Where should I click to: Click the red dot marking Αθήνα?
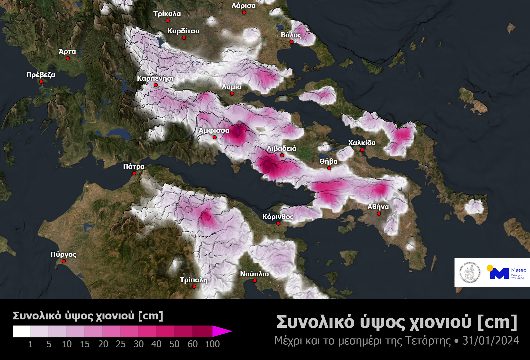[x=379, y=213]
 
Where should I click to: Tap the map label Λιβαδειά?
[x=281, y=148]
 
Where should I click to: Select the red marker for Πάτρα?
[x=134, y=173]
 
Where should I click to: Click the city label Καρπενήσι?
[x=155, y=78]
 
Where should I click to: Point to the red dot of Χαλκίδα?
[x=362, y=149]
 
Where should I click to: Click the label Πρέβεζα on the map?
[x=41, y=74]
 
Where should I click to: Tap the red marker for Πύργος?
[x=64, y=261]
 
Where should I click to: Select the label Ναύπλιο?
[x=254, y=274]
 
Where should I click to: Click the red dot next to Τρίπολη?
[x=194, y=287]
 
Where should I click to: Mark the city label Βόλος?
[x=291, y=35]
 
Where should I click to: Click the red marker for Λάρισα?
[x=244, y=12]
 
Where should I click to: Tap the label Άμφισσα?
[x=214, y=130]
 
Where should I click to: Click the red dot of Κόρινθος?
[x=278, y=223]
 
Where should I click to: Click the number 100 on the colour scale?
[x=212, y=344]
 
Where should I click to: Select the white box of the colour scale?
[x=22, y=331]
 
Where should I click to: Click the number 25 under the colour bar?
[x=121, y=344]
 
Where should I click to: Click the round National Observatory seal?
[x=470, y=272]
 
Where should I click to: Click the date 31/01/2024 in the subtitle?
[x=490, y=340]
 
